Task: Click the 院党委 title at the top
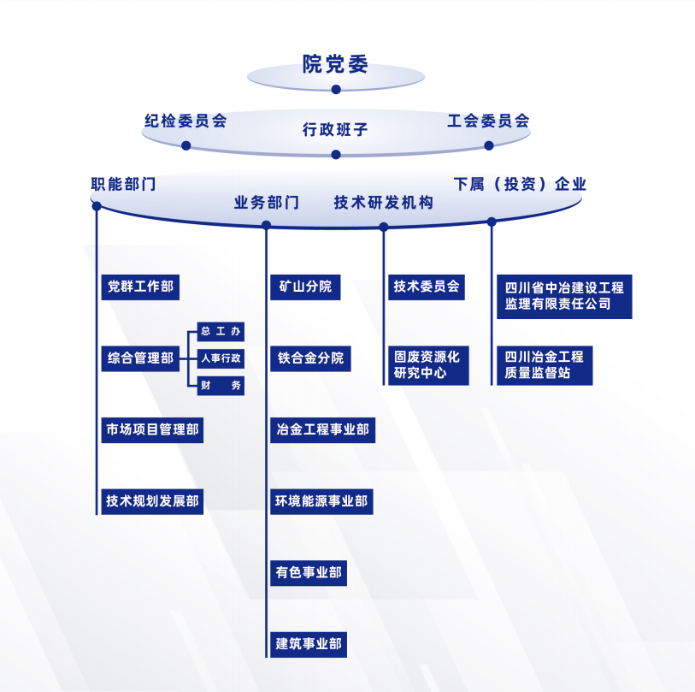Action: [335, 64]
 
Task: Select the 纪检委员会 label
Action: [186, 121]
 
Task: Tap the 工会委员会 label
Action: [488, 121]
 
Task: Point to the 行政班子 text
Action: [335, 130]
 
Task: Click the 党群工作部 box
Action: [139, 287]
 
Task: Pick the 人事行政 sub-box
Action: [221, 358]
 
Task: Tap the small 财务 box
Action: [221, 385]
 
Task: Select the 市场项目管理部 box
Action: [152, 429]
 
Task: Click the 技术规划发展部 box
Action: [152, 501]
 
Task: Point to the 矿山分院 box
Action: [304, 287]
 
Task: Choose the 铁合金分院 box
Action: [309, 358]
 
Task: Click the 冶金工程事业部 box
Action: [322, 429]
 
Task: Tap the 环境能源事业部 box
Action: [321, 501]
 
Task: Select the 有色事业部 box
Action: [309, 572]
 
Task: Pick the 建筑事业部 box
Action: [309, 643]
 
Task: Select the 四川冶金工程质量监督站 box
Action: [545, 365]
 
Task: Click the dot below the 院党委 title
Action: [336, 89]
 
